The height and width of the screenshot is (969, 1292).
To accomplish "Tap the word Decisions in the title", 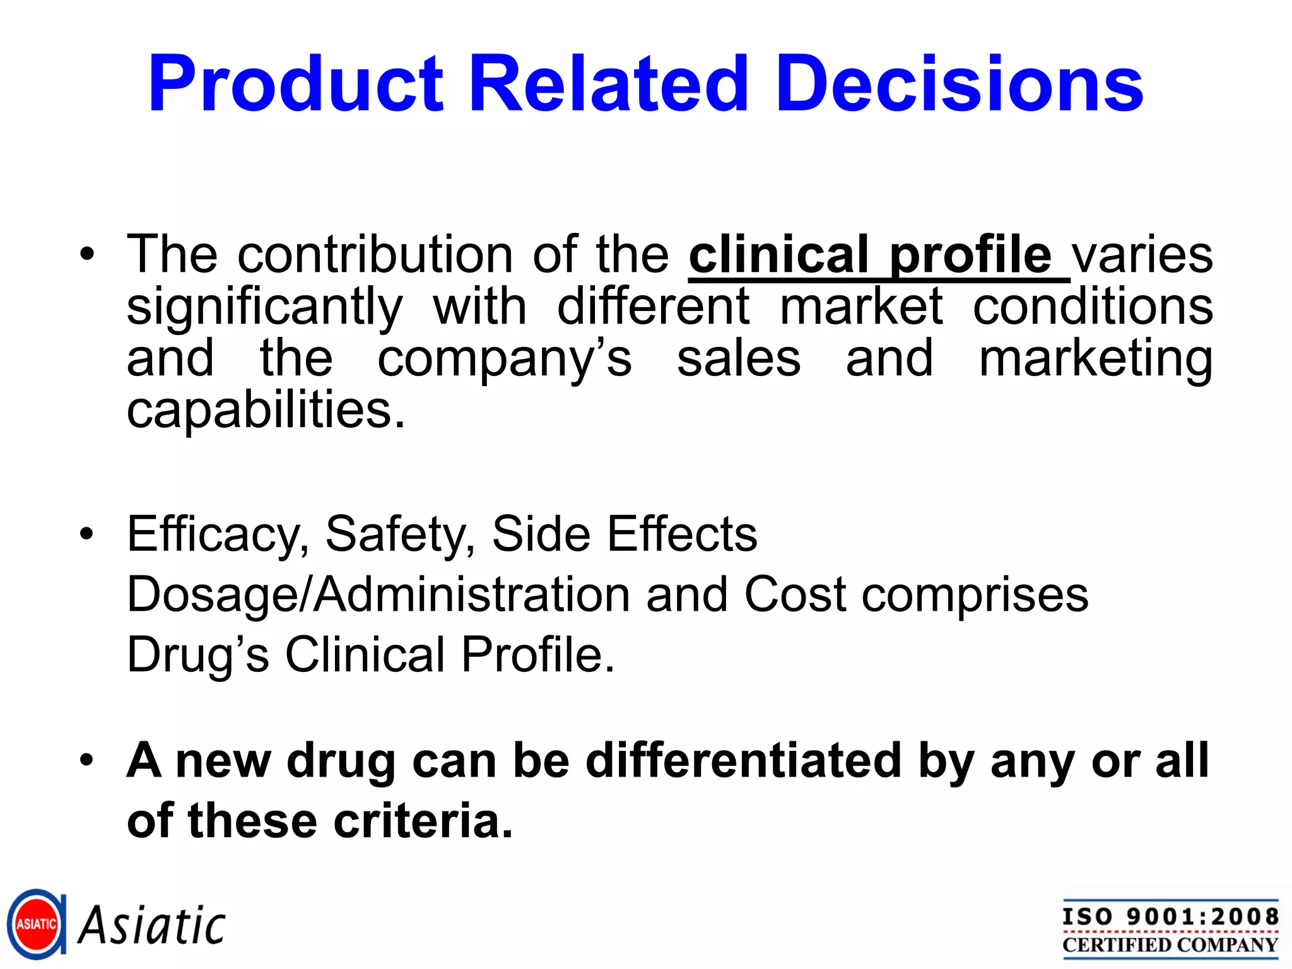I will (x=960, y=84).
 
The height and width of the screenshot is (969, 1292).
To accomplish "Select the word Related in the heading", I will (x=609, y=84).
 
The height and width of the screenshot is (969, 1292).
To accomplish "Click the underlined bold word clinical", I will (x=778, y=255).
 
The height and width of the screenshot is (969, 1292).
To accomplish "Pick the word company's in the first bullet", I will (x=504, y=359).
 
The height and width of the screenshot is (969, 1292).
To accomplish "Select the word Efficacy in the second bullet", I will (x=218, y=534).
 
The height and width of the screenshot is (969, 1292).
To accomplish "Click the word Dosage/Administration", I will (x=379, y=594).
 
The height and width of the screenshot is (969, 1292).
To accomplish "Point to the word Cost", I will (x=795, y=594).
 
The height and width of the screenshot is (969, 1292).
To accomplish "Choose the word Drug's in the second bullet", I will (x=198, y=654).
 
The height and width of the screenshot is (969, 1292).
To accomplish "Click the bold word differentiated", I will (x=744, y=760).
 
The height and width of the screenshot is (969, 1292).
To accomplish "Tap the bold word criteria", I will (x=423, y=821).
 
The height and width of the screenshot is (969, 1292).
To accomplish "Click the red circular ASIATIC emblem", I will (x=36, y=924).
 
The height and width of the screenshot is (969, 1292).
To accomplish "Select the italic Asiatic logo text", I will (x=151, y=925).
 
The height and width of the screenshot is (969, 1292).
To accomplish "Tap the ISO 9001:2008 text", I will (x=1170, y=917).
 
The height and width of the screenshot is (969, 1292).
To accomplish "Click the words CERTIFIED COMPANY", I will (x=1170, y=945).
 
